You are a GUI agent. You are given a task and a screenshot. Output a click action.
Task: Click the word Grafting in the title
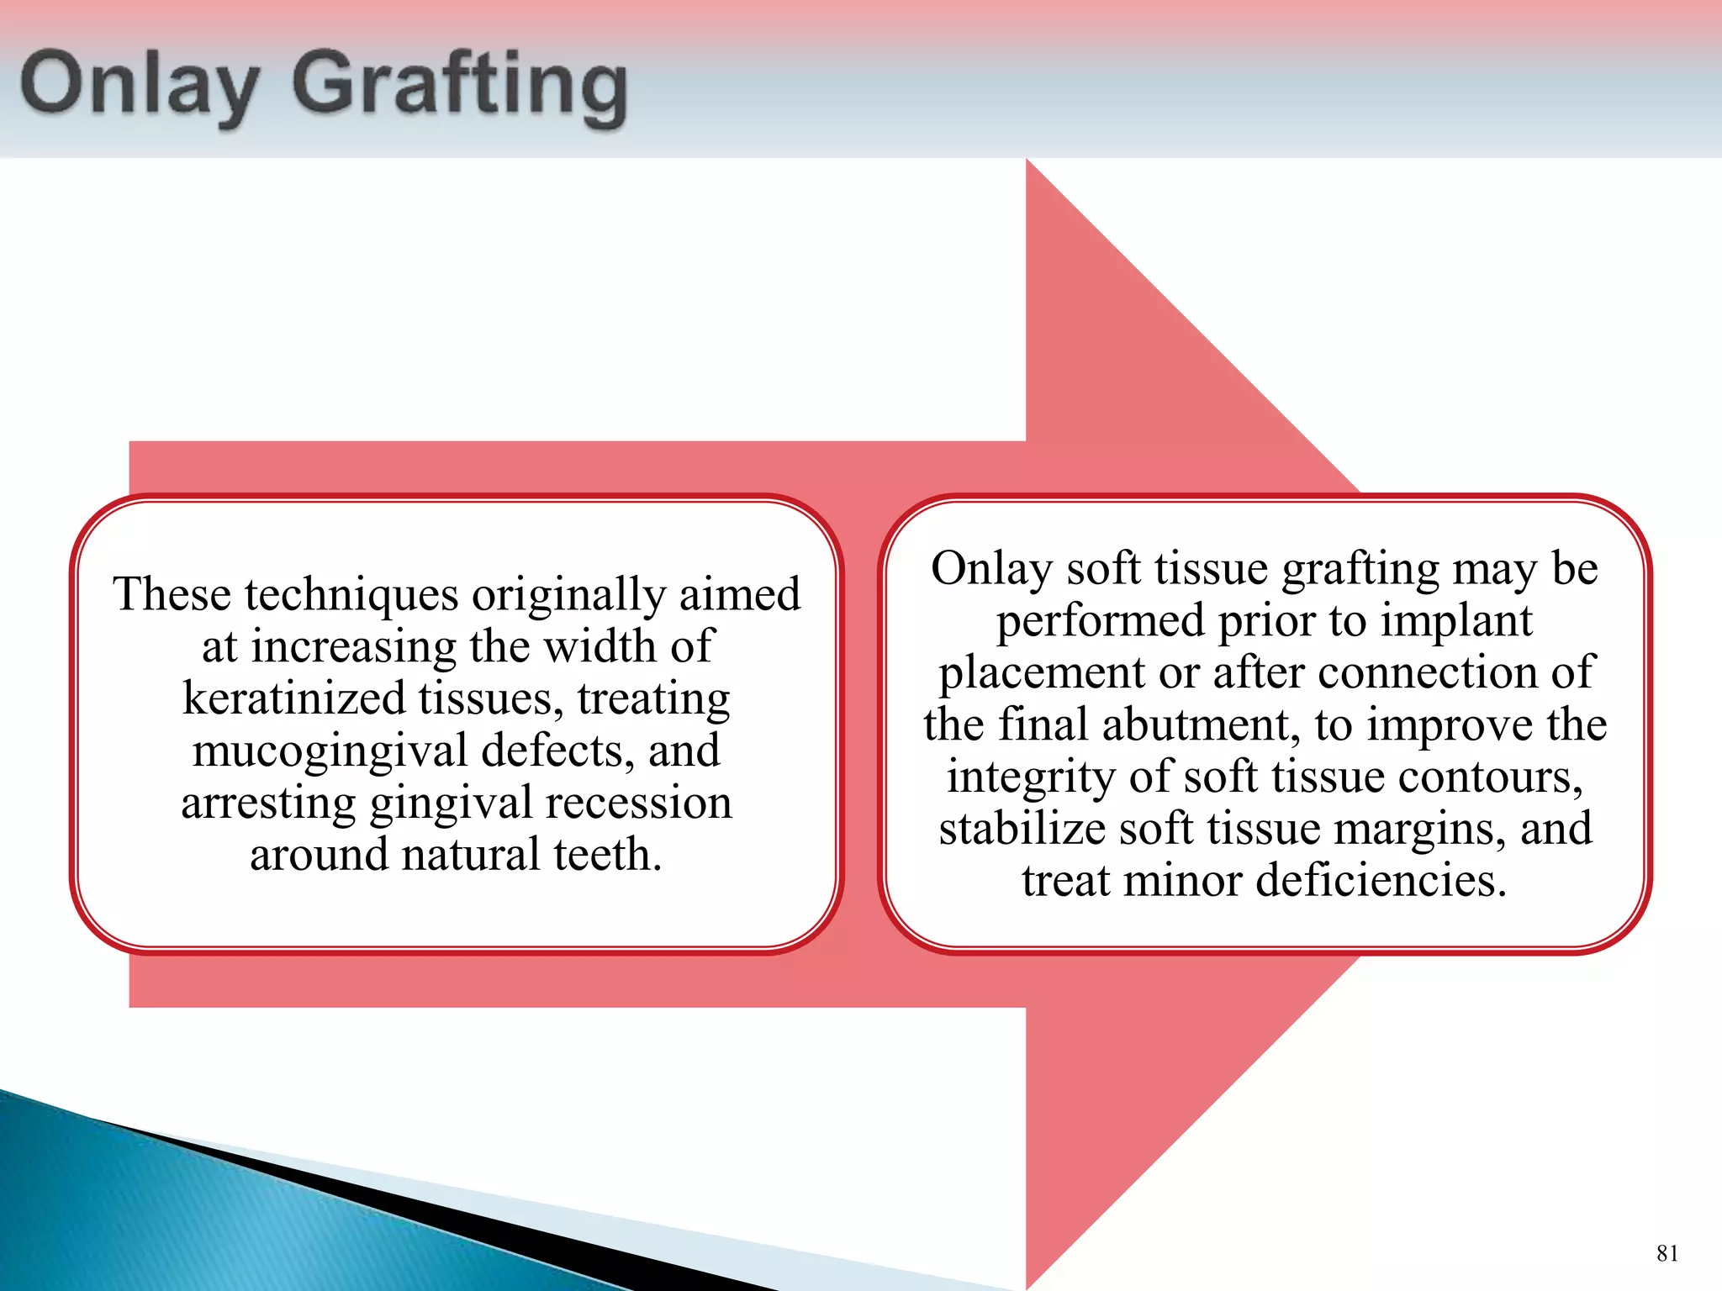point(460,86)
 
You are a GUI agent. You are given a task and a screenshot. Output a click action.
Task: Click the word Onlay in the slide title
point(140,86)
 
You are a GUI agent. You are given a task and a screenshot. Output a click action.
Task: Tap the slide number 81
point(1667,1253)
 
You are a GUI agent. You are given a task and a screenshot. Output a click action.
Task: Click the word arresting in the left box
point(269,803)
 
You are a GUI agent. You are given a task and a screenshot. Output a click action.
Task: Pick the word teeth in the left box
point(607,855)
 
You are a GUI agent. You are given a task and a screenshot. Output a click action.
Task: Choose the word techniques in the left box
point(351,595)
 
